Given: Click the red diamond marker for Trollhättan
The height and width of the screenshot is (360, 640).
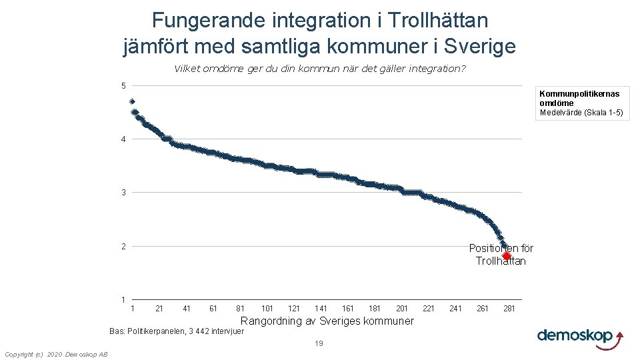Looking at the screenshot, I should click(x=506, y=256).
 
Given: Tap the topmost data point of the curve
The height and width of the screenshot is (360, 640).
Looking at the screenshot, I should click(x=132, y=101).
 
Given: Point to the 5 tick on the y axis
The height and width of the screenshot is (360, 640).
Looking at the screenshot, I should click(x=123, y=85).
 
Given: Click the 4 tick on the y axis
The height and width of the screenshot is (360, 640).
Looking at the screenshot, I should click(x=123, y=139).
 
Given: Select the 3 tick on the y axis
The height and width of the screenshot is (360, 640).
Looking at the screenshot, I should click(x=123, y=193).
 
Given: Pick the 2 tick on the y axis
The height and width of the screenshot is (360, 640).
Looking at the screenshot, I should click(x=123, y=247).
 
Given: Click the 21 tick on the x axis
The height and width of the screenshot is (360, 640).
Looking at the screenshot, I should click(x=159, y=309).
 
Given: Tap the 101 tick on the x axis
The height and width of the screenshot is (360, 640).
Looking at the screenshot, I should click(x=267, y=309).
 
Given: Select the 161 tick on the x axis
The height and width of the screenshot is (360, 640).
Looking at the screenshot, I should click(x=348, y=309).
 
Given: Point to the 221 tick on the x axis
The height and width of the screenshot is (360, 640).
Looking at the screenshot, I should click(x=429, y=309).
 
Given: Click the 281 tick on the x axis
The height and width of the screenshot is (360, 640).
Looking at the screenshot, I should click(x=509, y=309).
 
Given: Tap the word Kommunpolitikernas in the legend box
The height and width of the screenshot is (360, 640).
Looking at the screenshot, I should click(x=579, y=94).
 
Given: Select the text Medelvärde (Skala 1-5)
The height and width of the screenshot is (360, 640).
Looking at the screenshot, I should click(x=581, y=113).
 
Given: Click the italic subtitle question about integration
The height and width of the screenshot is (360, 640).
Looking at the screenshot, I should click(x=320, y=69).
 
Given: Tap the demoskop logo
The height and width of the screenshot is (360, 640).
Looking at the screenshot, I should click(x=580, y=336).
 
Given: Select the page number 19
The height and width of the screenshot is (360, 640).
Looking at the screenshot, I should click(x=319, y=344).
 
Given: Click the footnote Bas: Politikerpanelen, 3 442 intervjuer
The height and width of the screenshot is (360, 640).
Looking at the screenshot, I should click(x=177, y=331).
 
